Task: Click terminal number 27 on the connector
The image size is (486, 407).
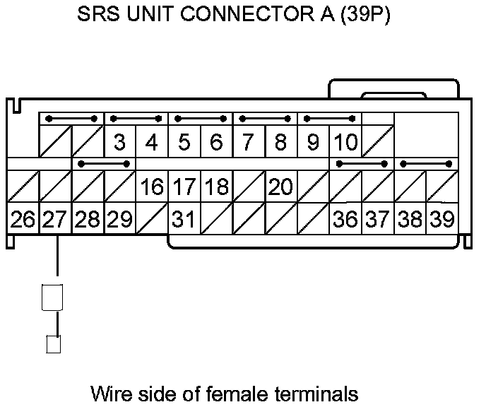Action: coord(55,219)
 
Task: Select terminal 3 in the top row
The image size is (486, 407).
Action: coord(119,143)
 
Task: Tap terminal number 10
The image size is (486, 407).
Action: coord(345,143)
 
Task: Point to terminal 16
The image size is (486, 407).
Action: coord(152,187)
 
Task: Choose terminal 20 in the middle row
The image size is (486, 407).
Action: coord(280,187)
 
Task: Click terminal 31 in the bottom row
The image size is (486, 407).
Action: coord(184,219)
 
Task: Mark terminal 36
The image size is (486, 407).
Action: coord(345,219)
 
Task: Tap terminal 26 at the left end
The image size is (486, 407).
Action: coord(23,219)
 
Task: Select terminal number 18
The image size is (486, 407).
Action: coord(216,187)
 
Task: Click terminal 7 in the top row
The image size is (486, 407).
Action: coord(248,143)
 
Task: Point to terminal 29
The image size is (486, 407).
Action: coord(119,219)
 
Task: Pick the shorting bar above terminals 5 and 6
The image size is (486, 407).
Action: coord(201,119)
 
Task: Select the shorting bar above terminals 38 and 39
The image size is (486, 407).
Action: coord(426,164)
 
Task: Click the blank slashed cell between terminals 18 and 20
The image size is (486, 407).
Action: coord(249,187)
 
